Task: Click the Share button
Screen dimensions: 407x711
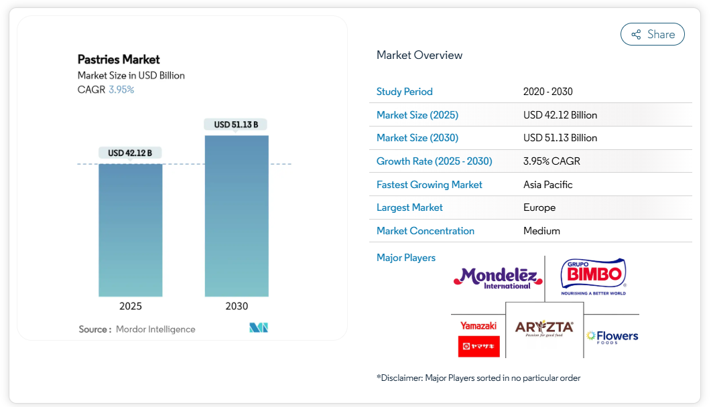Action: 652,34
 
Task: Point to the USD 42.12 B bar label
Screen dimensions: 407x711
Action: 130,153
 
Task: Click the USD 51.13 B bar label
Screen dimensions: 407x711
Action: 236,125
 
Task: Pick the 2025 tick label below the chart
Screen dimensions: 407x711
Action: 131,306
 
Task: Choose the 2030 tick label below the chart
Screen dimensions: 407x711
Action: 237,306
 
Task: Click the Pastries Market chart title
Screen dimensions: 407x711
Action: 119,60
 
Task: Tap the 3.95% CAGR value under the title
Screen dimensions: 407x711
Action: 121,90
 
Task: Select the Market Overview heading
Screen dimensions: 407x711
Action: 419,55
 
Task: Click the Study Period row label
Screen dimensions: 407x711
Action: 405,92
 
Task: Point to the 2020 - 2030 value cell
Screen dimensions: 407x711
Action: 548,92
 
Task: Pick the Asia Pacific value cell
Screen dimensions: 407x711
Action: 548,185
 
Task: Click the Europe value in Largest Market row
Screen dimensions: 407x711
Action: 539,208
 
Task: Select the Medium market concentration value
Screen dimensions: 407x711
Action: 541,231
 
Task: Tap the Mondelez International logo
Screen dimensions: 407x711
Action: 495,278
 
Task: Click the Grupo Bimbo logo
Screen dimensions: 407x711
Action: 593,276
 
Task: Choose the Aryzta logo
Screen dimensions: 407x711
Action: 544,329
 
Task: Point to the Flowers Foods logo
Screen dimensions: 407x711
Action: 612,336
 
